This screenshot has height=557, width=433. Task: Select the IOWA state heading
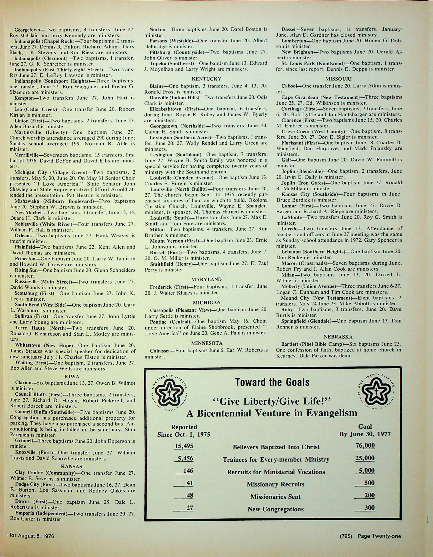pyautogui.click(x=72, y=377)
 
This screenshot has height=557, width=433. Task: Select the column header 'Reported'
pyautogui.click(x=184, y=427)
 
